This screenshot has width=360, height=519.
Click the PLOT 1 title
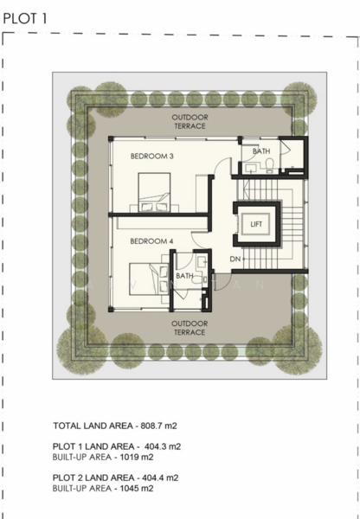(25, 18)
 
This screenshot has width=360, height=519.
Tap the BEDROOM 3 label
(152, 156)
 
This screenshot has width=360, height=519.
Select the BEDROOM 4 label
(151, 241)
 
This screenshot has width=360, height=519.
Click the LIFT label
(256, 224)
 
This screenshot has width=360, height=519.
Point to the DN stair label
(235, 259)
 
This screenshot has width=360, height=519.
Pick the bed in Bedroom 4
(149, 279)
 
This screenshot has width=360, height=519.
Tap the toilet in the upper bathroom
(270, 165)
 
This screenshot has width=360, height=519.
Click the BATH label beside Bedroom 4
(184, 276)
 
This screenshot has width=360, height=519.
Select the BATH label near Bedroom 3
(261, 151)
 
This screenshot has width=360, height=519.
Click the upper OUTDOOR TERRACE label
(190, 121)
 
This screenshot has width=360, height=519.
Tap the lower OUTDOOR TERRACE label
(190, 328)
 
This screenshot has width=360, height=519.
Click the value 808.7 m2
(159, 426)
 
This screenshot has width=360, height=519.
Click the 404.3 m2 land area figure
(163, 446)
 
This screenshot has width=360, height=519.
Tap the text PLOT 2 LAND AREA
(93, 477)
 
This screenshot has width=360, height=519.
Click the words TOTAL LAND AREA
(93, 426)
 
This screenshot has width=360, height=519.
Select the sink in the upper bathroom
(251, 170)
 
